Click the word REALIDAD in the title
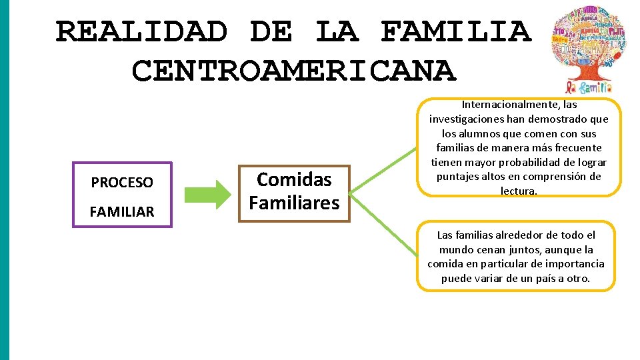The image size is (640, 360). pyautogui.click(x=141, y=31)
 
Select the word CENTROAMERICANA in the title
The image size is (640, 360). pyautogui.click(x=294, y=70)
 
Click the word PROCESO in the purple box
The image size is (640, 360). pyautogui.click(x=122, y=182)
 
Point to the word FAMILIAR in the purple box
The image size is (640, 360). pyautogui.click(x=122, y=212)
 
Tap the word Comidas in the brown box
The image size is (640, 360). pyautogui.click(x=294, y=179)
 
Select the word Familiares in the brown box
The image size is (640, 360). pyautogui.click(x=294, y=203)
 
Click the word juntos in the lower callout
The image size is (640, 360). pyautogui.click(x=541, y=249)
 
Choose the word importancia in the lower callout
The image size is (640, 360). pyautogui.click(x=574, y=264)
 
